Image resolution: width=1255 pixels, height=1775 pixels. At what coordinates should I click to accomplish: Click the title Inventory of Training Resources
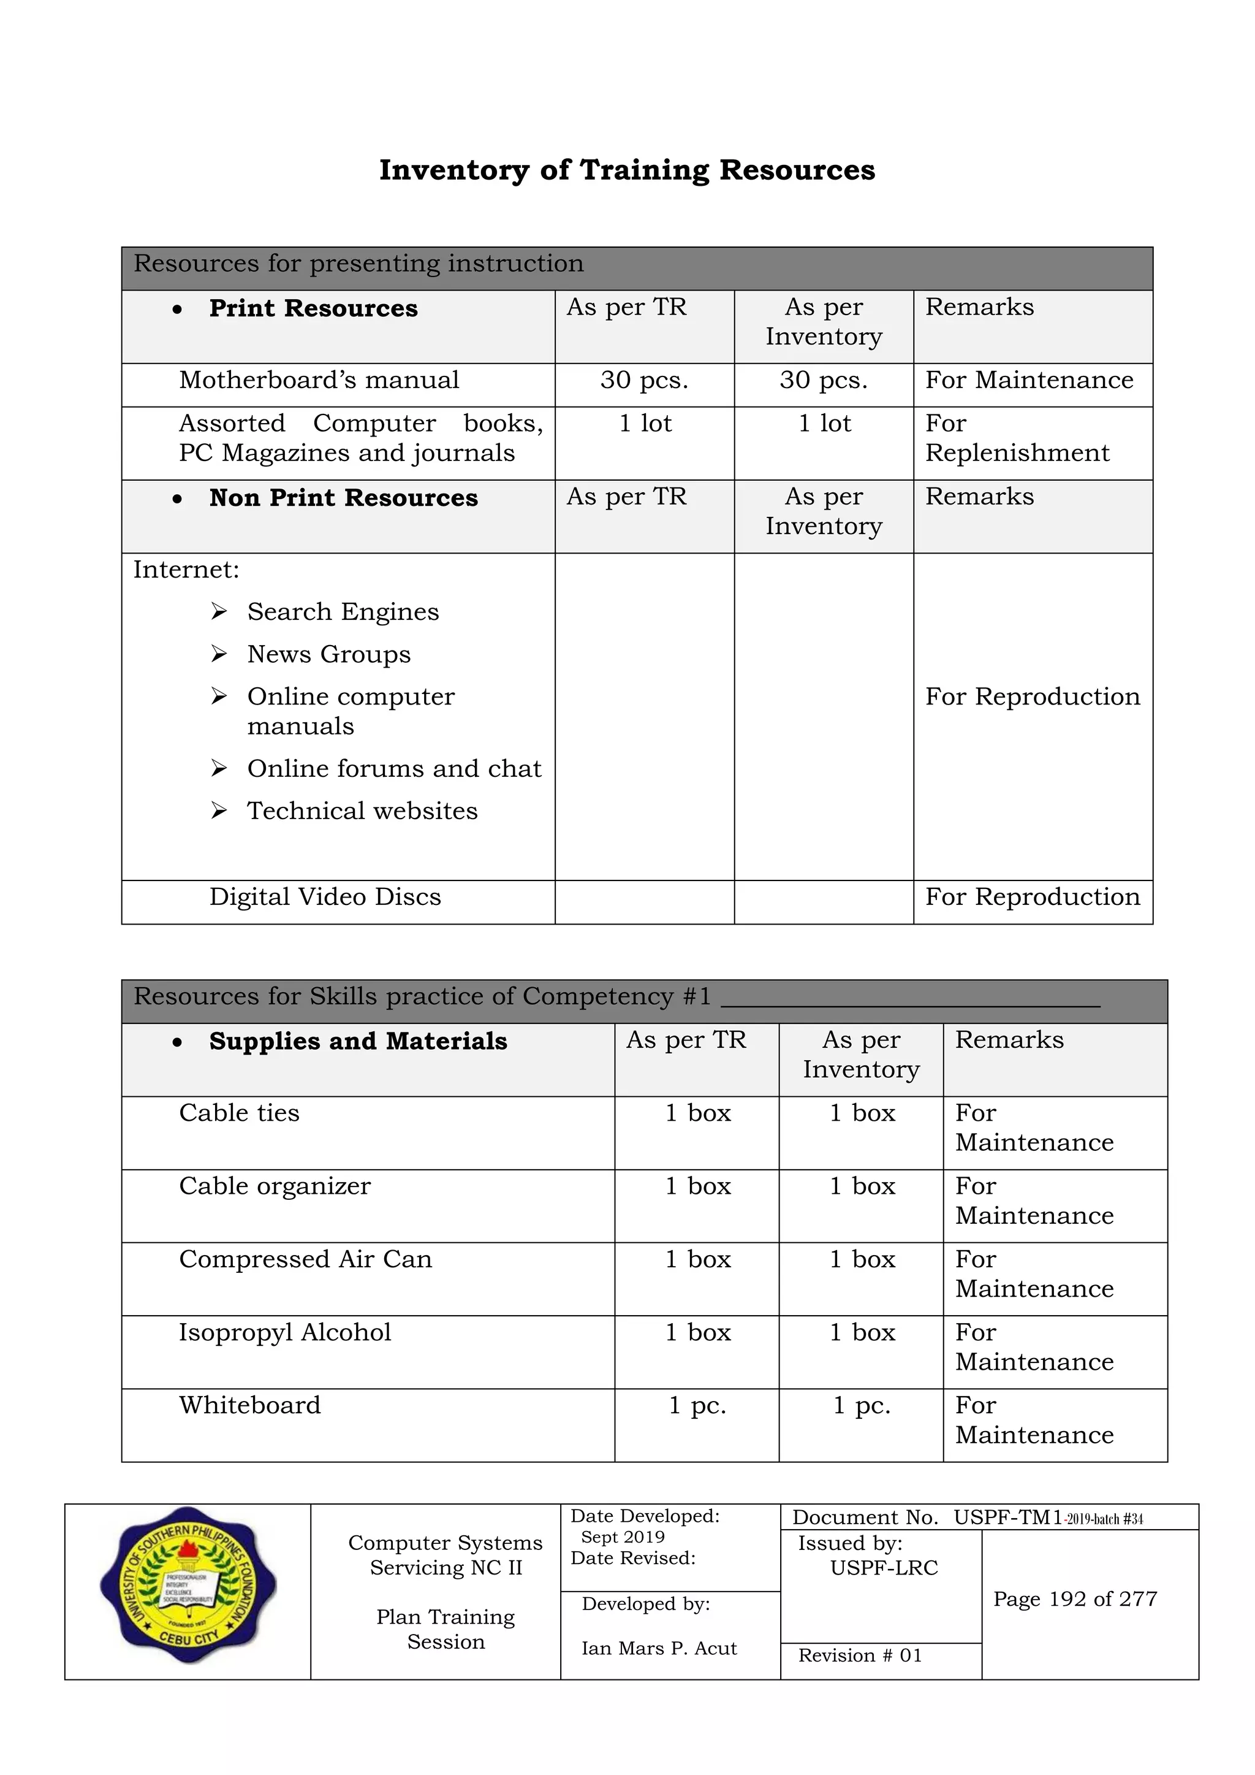(627, 170)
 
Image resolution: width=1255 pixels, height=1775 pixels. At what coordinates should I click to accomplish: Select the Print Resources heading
(313, 308)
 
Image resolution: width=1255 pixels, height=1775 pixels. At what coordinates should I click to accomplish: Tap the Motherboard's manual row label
(319, 380)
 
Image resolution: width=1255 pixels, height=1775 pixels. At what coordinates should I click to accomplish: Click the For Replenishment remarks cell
(1017, 438)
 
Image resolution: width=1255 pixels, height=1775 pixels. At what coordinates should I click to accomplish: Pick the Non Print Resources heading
(343, 498)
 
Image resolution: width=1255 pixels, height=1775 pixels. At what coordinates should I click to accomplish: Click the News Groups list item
(328, 655)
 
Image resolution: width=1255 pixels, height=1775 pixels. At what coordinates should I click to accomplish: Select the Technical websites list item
(362, 811)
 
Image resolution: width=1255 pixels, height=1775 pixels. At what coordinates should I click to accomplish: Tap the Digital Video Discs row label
(325, 897)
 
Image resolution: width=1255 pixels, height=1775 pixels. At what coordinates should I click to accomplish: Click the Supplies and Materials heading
(358, 1041)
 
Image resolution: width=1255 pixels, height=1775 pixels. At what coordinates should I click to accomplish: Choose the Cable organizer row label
(275, 1186)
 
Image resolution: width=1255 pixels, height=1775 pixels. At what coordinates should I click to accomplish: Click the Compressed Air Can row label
(305, 1259)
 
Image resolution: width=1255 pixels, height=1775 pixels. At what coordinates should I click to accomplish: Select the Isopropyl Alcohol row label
(285, 1332)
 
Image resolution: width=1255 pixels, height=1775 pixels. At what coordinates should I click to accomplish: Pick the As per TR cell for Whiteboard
(697, 1405)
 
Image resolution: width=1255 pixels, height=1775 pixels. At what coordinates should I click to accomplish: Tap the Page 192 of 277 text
(1075, 1599)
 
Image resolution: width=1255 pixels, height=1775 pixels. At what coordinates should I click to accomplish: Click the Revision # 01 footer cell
(859, 1655)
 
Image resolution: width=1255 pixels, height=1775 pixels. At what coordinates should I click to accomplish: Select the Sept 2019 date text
(623, 1537)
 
